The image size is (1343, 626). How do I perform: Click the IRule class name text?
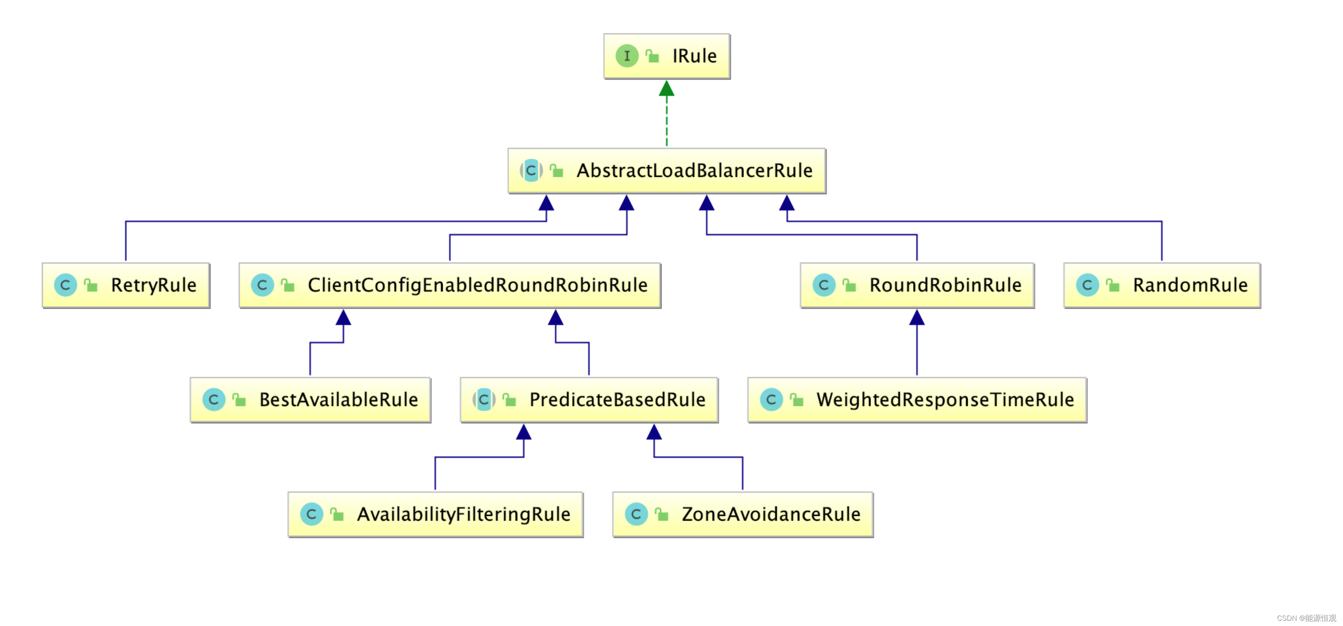[x=694, y=56]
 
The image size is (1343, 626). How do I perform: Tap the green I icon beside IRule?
[x=627, y=56]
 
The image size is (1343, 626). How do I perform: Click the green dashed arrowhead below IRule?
[x=666, y=89]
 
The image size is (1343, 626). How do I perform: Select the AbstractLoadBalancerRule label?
[x=694, y=170]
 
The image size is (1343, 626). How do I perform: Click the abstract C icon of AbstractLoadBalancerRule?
[x=531, y=170]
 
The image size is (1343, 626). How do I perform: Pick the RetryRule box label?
[x=153, y=285]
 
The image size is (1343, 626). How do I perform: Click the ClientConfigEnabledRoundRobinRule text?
[x=477, y=285]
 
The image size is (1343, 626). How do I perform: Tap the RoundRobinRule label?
[x=945, y=285]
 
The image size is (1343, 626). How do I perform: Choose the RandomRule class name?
[x=1190, y=285]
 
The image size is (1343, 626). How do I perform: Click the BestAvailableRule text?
[x=338, y=400]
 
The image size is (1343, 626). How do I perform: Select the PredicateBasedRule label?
[x=617, y=400]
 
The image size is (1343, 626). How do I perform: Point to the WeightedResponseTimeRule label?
[x=945, y=400]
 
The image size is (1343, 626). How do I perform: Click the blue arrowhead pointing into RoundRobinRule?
[x=917, y=318]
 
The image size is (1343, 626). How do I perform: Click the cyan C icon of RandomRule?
[x=1087, y=285]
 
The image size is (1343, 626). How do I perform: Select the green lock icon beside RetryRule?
[x=91, y=285]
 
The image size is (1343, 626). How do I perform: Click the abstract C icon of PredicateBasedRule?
[x=483, y=400]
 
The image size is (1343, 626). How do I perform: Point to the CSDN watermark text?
[x=1306, y=618]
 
